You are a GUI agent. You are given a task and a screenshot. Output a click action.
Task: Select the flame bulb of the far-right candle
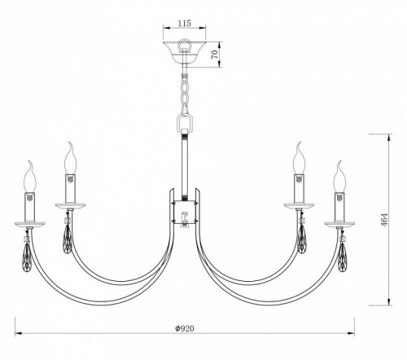coord(336,174)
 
